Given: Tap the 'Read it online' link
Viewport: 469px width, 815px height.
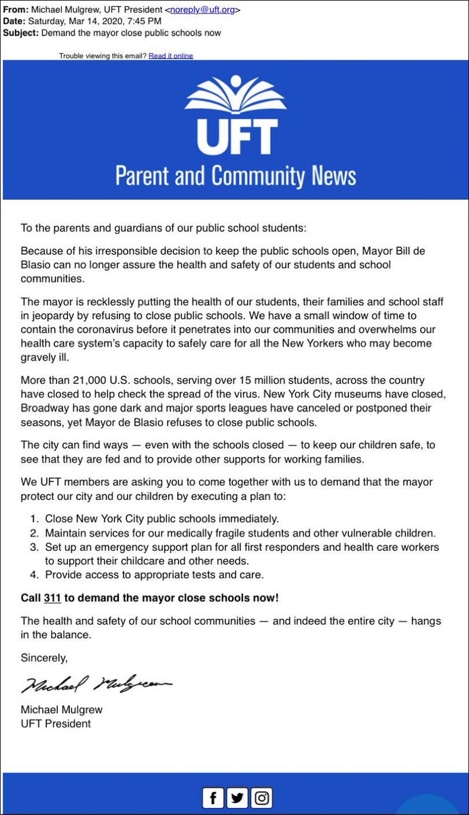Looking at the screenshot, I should (171, 56).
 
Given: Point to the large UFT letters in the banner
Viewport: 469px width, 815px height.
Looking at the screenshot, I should (235, 138).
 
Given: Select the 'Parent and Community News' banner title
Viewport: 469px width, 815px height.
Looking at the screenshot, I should (235, 176).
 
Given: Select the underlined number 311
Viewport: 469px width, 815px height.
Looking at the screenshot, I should (52, 598).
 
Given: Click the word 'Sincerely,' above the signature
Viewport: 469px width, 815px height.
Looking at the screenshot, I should (44, 657).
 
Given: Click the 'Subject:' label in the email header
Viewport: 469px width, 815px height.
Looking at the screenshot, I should (21, 33).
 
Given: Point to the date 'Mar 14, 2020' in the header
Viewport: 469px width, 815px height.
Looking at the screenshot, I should (99, 21).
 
